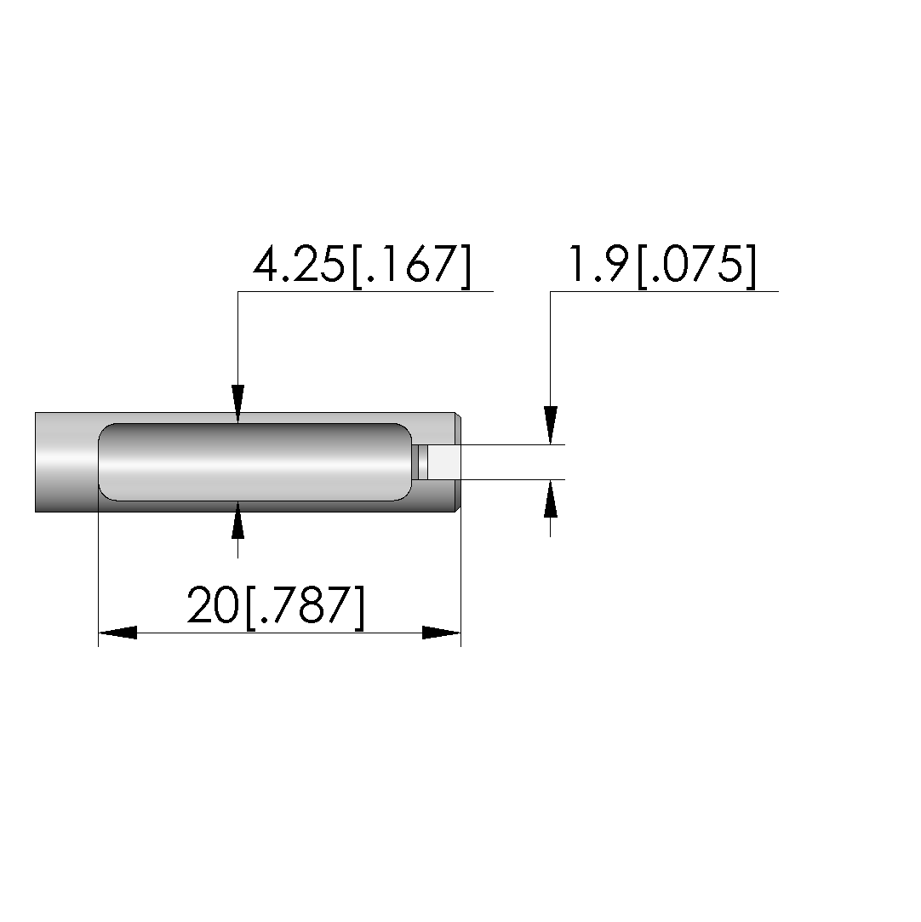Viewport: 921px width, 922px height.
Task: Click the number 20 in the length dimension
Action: click(213, 604)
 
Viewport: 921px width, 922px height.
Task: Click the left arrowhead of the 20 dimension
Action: click(117, 633)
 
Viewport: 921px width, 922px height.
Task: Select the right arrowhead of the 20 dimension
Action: click(442, 633)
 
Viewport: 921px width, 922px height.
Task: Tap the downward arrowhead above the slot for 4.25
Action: click(237, 404)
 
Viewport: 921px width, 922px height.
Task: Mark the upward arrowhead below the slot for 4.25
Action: click(237, 520)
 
